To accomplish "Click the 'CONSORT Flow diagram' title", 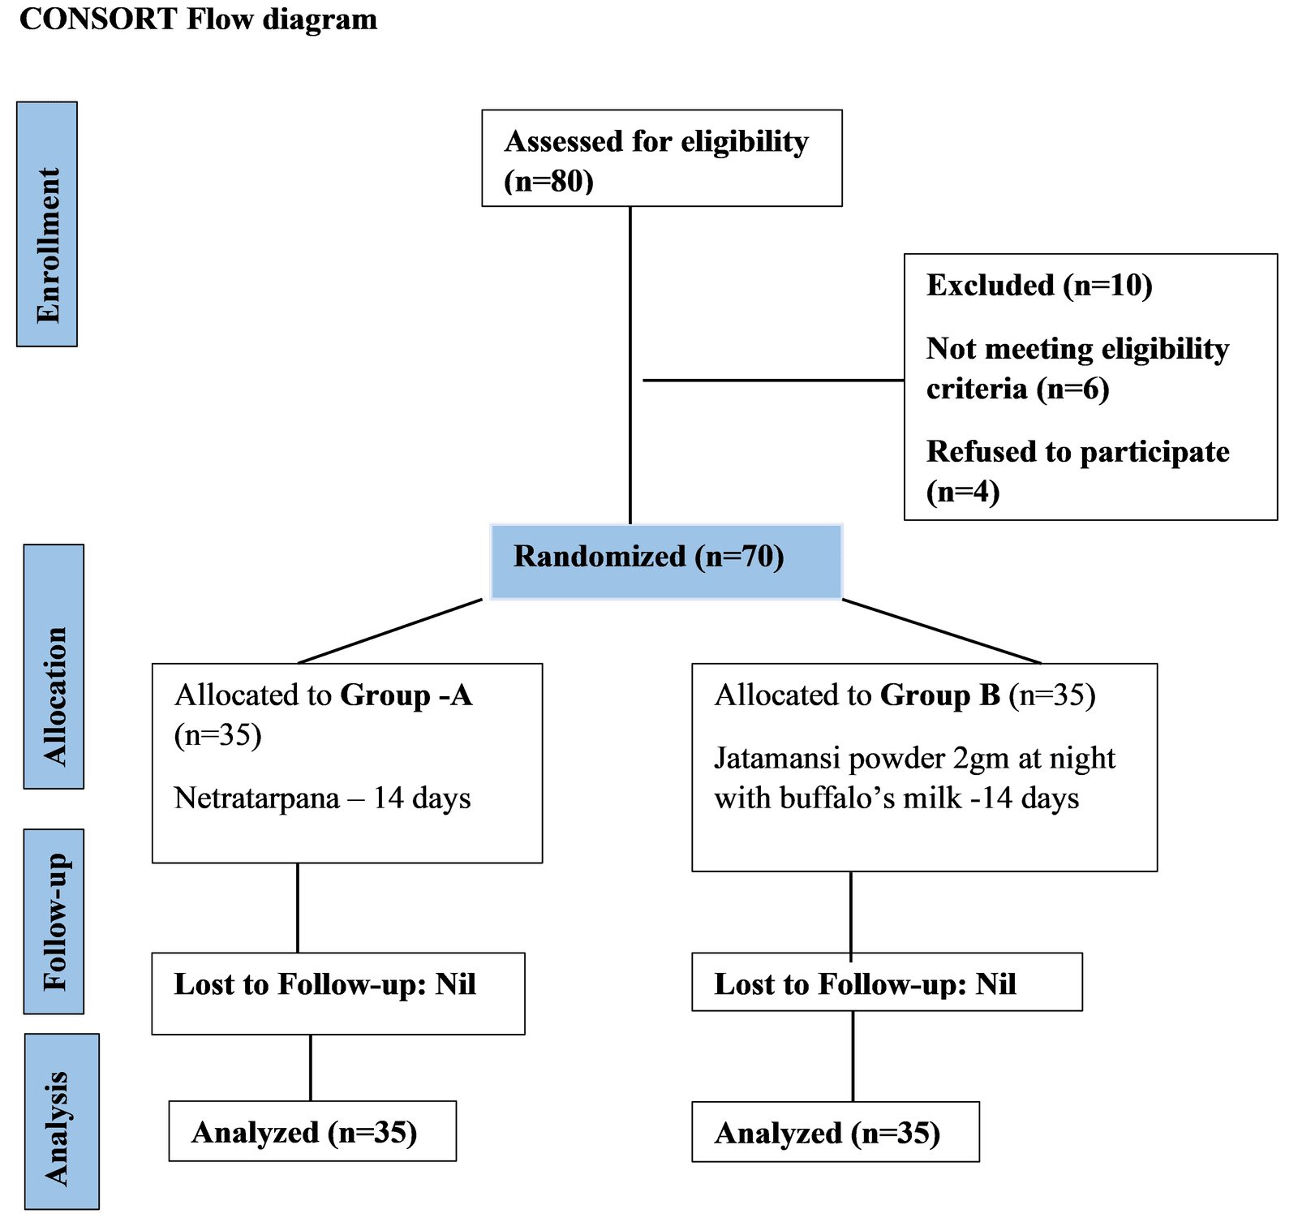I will click(x=198, y=19).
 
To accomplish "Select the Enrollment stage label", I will click(x=47, y=225).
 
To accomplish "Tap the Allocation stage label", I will click(x=54, y=666).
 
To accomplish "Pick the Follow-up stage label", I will click(x=54, y=922).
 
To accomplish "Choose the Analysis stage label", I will click(x=61, y=1121).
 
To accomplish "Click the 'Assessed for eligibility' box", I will click(x=661, y=158).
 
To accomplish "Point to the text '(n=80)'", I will click(x=549, y=180).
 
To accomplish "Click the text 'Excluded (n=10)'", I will click(x=1038, y=286).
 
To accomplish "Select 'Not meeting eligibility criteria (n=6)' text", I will click(x=1077, y=368).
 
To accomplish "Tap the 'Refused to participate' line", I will click(x=1077, y=452).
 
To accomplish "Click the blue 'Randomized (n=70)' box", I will click(x=666, y=562).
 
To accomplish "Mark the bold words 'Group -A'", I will click(x=406, y=695).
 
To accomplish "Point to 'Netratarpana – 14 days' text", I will click(x=322, y=798).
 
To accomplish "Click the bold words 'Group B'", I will click(x=939, y=695).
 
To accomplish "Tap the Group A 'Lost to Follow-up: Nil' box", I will click(x=337, y=993).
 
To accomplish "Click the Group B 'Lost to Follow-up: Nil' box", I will click(x=887, y=982).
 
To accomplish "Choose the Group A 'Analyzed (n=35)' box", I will click(x=312, y=1132).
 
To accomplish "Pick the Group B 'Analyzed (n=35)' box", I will click(x=836, y=1133).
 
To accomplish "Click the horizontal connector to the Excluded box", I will click(x=771, y=380).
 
